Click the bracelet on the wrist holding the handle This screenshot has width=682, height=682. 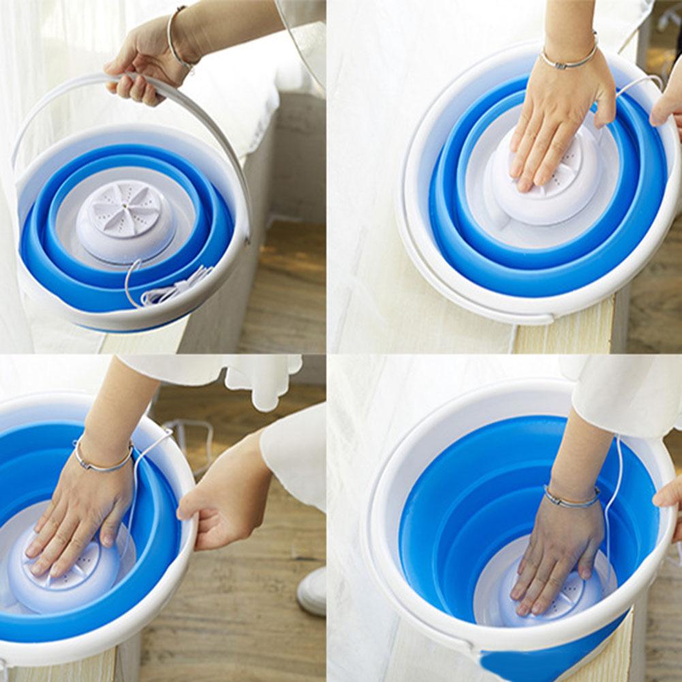(176, 37)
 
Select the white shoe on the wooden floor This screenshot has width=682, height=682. (313, 591)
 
